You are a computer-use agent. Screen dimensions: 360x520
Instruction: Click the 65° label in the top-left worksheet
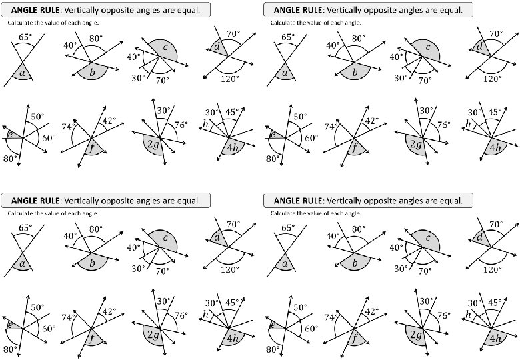(x=25, y=38)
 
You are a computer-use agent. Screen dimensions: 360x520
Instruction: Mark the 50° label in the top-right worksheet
(x=299, y=117)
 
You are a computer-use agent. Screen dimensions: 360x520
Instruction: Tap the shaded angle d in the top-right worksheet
(x=479, y=47)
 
